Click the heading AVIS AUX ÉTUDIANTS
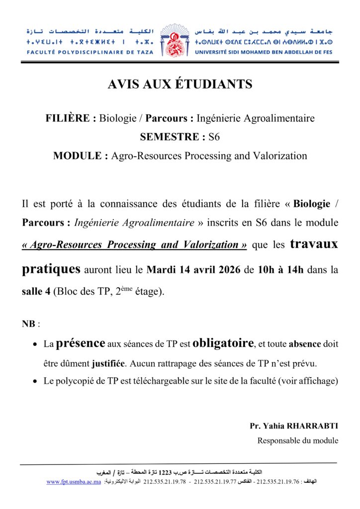click(x=180, y=85)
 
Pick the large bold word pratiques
click(x=51, y=269)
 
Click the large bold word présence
click(x=81, y=343)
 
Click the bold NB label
click(x=29, y=324)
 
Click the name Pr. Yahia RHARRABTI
click(x=294, y=426)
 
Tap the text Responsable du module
click(x=298, y=440)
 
